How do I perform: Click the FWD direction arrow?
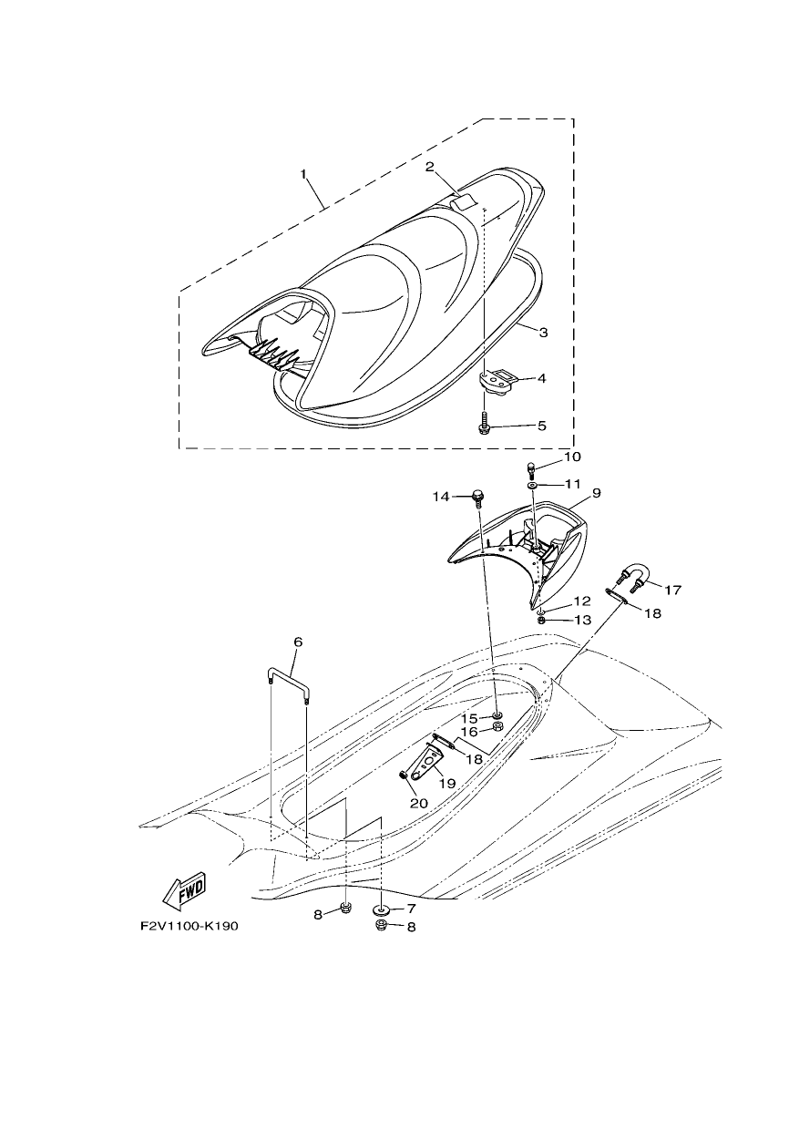[x=184, y=891]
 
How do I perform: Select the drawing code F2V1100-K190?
[x=190, y=927]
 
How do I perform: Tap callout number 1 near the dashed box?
[x=303, y=174]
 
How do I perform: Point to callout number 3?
[x=543, y=333]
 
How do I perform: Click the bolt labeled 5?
[x=483, y=423]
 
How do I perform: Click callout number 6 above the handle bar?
[x=298, y=642]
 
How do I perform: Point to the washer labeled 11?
[x=533, y=485]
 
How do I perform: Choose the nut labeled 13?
[x=541, y=620]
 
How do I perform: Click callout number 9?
[x=596, y=493]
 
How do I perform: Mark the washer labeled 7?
[x=382, y=909]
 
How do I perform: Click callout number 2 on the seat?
[x=429, y=167]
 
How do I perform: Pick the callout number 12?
[x=581, y=601]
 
